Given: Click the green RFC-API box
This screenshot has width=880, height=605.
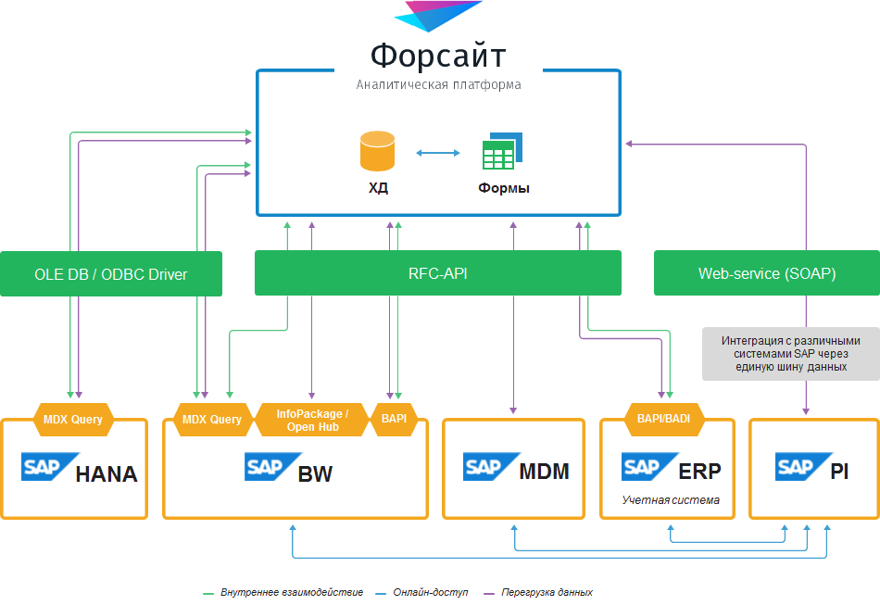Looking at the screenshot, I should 437,273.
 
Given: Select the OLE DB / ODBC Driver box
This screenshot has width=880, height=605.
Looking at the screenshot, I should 110,274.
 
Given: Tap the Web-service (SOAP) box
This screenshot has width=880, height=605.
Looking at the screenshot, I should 766,273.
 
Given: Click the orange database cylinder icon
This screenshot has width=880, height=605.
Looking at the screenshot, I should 378,151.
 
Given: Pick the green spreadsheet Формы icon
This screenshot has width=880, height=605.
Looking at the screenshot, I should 501,152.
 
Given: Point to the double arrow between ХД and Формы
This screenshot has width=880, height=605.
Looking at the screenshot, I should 438,153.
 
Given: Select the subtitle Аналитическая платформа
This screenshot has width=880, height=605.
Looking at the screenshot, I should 438,84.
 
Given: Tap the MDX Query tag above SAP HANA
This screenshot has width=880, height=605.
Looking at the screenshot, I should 74,419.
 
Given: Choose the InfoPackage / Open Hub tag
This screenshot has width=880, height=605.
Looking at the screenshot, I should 312,420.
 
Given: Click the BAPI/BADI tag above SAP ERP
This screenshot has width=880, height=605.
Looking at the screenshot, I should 663,419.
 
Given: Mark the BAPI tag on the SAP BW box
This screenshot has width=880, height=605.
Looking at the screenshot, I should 394,419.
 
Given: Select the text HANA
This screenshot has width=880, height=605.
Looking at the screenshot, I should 106,474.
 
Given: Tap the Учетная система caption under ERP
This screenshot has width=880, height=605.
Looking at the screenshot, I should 670,500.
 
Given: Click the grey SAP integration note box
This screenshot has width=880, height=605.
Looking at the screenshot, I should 790,353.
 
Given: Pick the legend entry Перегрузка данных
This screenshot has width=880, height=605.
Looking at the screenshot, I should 547,592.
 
